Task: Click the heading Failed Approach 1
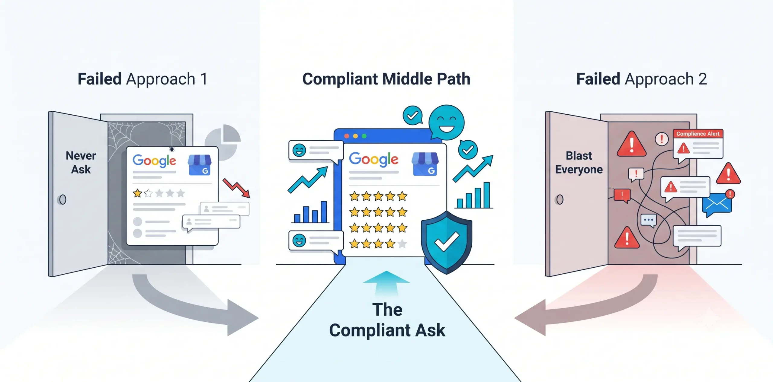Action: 143,79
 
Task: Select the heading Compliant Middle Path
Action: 386,79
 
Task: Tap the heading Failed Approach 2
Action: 641,79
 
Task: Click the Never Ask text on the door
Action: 81,162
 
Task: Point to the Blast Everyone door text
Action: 579,163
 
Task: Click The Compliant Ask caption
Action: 387,320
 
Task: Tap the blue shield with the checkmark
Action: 446,242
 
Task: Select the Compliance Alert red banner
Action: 698,134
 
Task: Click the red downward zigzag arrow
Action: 236,188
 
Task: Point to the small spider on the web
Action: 172,149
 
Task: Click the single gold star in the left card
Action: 137,193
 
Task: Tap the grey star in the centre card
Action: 402,243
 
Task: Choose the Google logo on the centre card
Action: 374,159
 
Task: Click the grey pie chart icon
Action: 223,142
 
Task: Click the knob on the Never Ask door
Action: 62,199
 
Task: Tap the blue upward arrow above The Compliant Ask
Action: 386,283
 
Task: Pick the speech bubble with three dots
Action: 649,220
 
